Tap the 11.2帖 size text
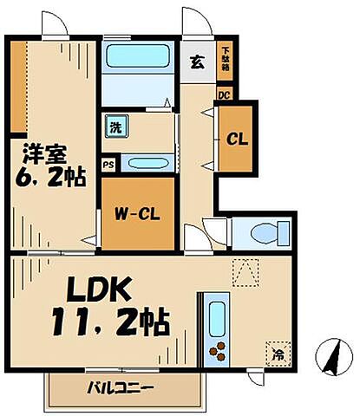(108, 324)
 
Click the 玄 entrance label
(198, 62)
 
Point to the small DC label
(224, 94)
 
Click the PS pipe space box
(108, 164)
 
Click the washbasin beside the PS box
(147, 163)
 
